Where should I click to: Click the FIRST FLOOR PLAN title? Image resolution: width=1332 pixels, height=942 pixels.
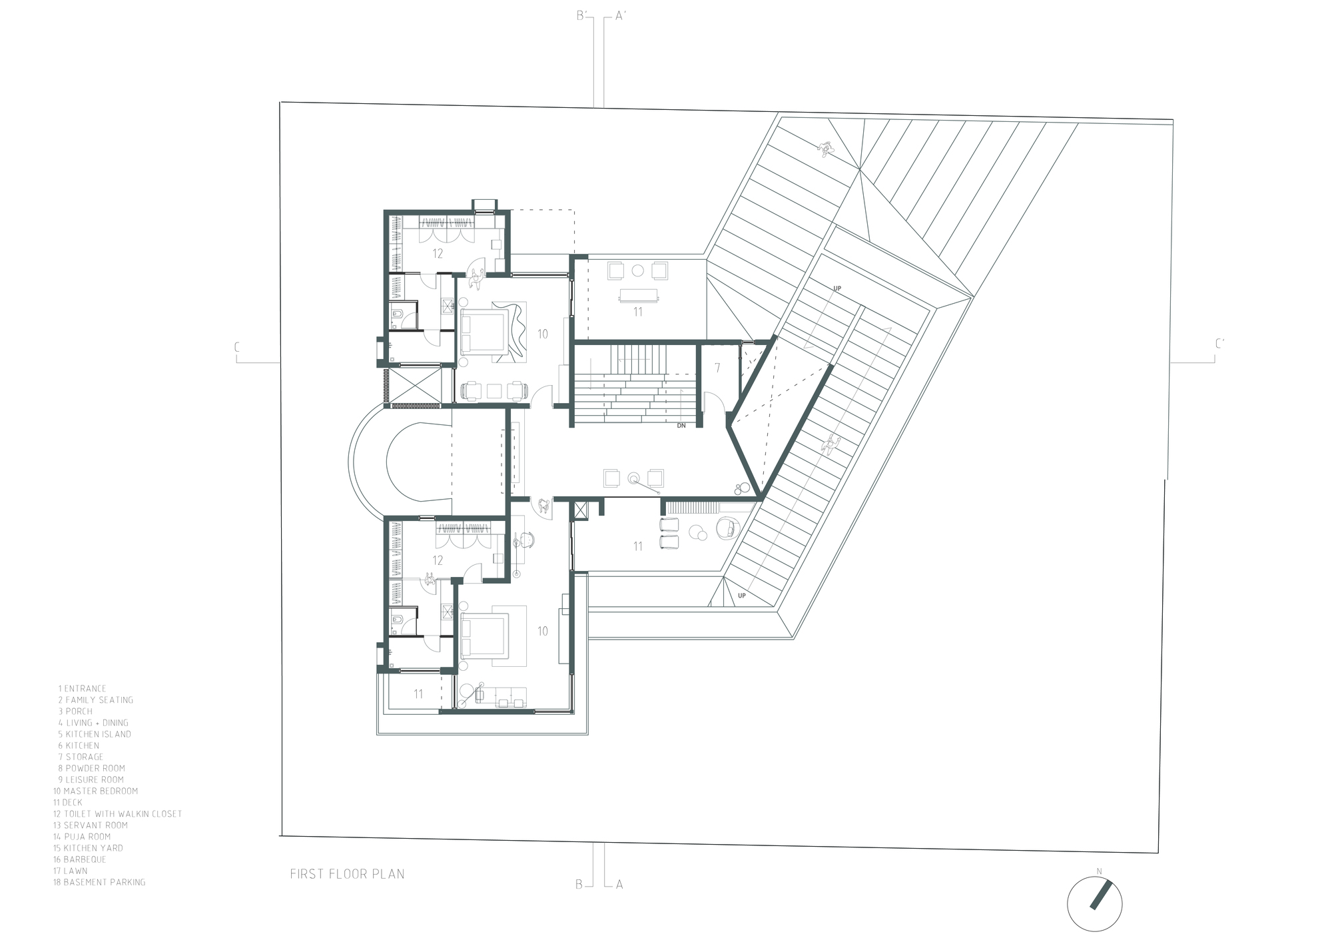(347, 873)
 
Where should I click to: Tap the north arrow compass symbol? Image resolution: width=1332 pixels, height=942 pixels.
(1094, 903)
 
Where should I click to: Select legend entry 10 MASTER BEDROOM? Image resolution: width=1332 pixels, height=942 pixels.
(96, 791)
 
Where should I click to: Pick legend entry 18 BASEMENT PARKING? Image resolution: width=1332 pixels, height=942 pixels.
(99, 882)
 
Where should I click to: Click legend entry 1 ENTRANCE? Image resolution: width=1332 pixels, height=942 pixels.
(82, 688)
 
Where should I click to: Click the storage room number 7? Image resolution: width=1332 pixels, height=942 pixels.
(717, 368)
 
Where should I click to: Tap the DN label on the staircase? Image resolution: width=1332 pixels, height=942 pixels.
(681, 425)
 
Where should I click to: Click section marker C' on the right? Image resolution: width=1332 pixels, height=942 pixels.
(1219, 344)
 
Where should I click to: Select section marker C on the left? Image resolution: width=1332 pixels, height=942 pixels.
(236, 347)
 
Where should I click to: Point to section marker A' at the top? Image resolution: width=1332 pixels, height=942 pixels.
(621, 16)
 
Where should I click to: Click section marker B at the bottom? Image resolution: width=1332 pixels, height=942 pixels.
(579, 884)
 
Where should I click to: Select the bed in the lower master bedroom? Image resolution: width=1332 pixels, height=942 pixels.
(484, 636)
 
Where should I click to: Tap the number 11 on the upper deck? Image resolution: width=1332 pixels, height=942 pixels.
(637, 311)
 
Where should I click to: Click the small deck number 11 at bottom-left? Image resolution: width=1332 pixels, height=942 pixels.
(418, 694)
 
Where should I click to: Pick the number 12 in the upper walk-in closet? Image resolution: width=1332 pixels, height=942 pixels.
(438, 253)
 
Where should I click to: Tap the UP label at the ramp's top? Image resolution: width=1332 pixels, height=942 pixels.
(837, 288)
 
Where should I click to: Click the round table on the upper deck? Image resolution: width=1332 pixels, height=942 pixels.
(637, 270)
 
